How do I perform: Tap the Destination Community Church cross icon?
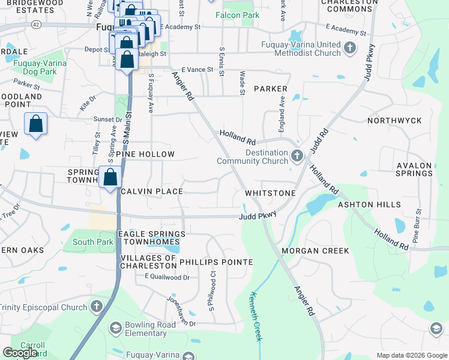point(297,157)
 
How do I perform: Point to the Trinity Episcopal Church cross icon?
point(95,307)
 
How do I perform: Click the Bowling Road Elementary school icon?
point(115,328)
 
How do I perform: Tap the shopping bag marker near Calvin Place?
point(110,178)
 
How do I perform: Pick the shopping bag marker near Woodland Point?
point(35,125)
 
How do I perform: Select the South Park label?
point(92,242)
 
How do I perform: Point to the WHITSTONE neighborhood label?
point(270,193)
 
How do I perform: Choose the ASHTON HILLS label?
point(369,205)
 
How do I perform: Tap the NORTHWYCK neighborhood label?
point(394,121)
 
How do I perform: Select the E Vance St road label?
point(197,70)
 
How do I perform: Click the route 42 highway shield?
point(37,24)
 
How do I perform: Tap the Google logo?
point(20,353)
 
